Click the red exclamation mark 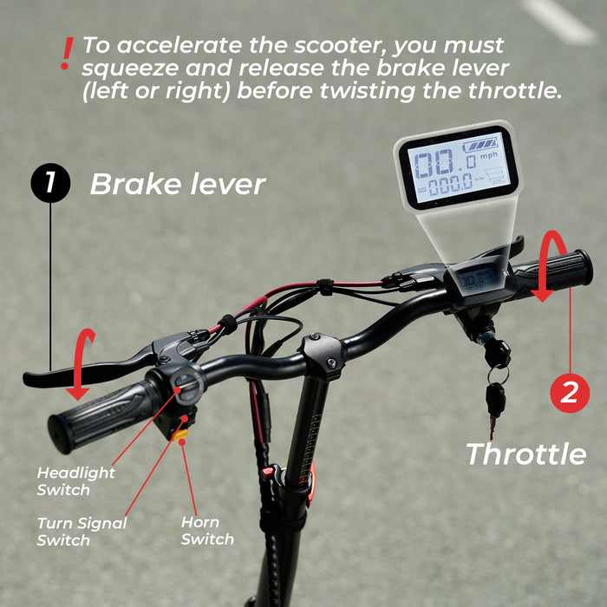[65, 54]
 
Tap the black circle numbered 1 [50, 184]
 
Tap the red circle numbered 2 [570, 393]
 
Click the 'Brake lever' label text [177, 184]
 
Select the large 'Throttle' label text [525, 454]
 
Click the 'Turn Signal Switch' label [82, 532]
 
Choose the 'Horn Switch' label [207, 531]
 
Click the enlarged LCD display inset [456, 167]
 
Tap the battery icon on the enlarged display [481, 144]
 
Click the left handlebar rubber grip [101, 414]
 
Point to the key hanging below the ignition [495, 408]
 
